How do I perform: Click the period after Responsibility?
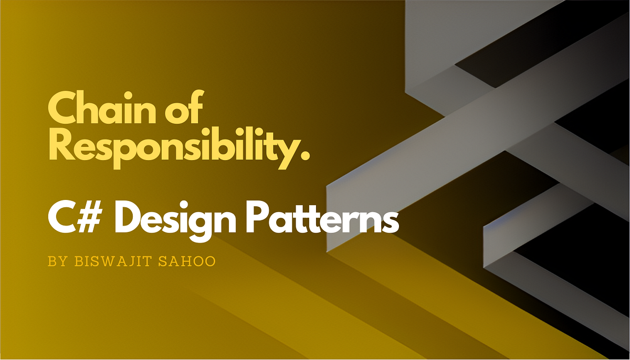(304, 154)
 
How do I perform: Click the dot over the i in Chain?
(131, 94)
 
